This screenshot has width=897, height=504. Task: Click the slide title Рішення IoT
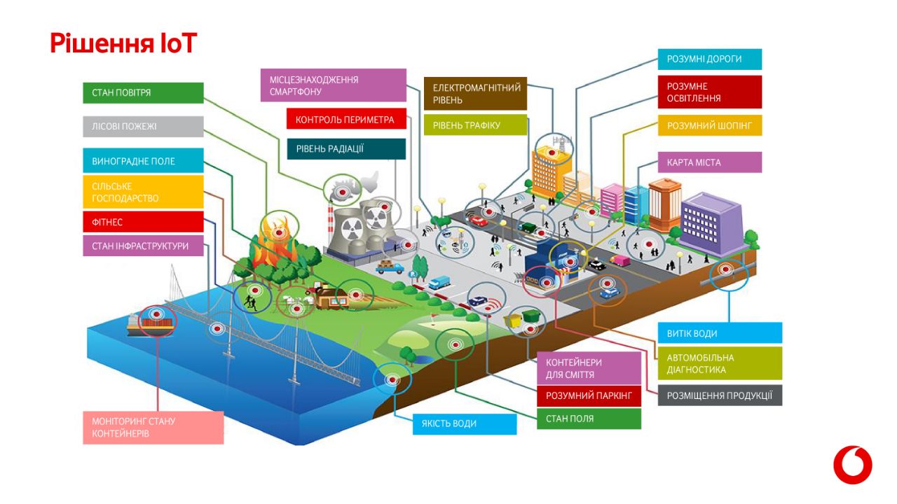pos(123,43)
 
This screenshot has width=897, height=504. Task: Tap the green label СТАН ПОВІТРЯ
pos(143,92)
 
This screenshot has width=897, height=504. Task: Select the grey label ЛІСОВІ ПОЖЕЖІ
pos(143,127)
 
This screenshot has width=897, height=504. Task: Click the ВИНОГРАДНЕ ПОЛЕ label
pos(143,161)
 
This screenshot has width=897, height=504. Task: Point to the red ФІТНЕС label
pos(143,222)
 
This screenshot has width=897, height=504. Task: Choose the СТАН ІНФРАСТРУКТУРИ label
pos(143,246)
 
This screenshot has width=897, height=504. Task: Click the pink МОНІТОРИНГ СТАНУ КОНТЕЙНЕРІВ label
pos(153,428)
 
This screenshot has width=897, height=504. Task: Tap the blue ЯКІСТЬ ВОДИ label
pos(465,423)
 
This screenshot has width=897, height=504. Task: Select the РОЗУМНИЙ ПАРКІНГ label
pos(589,396)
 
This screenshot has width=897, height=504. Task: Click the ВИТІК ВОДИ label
pos(720,333)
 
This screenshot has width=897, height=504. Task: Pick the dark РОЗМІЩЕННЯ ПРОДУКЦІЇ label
pos(720,395)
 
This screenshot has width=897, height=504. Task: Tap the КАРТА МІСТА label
pos(709,162)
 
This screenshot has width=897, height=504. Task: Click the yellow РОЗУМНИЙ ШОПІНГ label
pos(709,126)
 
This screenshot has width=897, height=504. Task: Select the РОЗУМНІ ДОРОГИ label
pos(709,59)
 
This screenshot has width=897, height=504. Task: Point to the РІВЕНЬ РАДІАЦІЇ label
pos(346,148)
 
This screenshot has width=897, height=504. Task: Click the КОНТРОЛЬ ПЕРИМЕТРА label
pos(346,120)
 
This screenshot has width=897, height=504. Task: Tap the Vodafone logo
pos(852,465)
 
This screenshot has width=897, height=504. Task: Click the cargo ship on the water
pos(151,323)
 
